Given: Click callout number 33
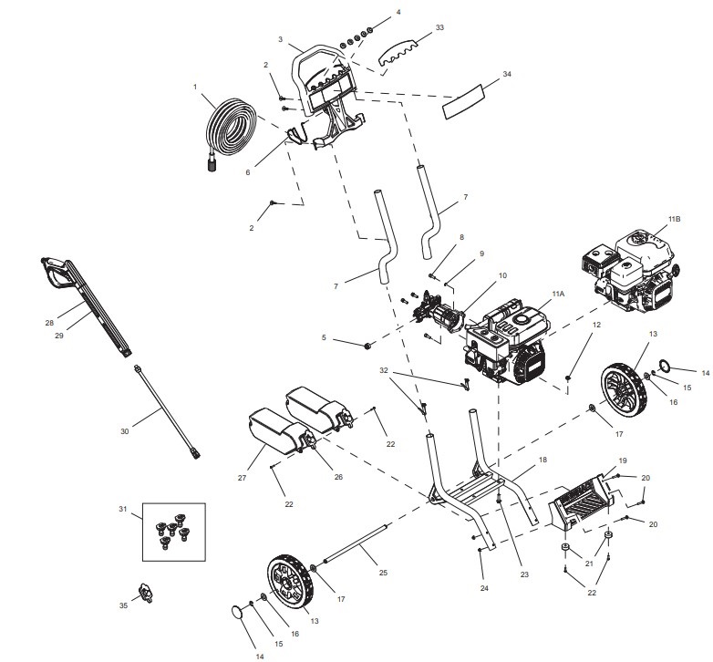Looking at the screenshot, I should click(x=439, y=28).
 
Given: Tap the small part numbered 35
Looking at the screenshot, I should click(x=143, y=592).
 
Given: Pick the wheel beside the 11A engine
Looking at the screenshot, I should click(x=623, y=389).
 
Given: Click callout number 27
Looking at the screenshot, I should click(x=242, y=478).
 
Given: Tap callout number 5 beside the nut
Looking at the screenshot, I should click(x=324, y=337).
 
